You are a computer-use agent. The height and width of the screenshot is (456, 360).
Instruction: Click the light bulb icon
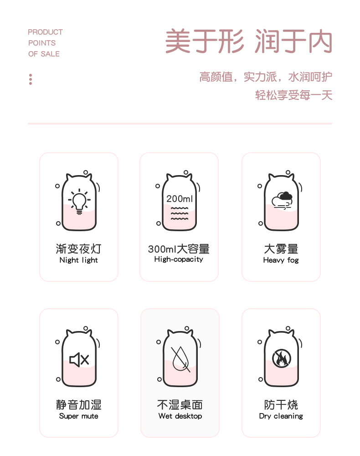click(x=79, y=201)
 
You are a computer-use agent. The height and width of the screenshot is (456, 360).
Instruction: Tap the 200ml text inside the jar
click(x=179, y=199)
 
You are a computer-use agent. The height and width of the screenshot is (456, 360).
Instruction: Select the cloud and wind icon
click(x=282, y=200)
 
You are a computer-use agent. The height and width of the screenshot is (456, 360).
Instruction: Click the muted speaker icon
click(x=79, y=360)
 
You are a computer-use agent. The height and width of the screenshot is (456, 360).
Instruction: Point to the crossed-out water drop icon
click(x=180, y=359)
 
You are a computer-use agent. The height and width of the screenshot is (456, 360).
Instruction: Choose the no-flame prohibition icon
click(x=281, y=358)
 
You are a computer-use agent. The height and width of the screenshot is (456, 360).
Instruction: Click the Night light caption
click(x=78, y=260)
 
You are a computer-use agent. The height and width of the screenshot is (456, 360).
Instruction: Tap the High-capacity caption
click(x=179, y=259)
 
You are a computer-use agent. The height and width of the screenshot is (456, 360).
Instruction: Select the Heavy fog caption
click(x=281, y=260)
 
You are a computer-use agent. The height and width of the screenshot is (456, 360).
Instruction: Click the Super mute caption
click(x=78, y=416)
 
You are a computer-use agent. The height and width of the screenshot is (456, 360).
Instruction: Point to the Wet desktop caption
click(x=180, y=416)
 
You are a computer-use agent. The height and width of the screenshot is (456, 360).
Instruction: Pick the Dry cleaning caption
click(x=281, y=416)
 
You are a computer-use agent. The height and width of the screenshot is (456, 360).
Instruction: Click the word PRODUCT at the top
click(x=45, y=32)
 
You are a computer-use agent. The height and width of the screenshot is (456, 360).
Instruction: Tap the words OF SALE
click(x=44, y=54)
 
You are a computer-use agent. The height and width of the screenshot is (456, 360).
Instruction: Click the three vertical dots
click(x=31, y=79)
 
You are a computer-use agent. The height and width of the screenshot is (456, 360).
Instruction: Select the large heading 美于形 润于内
click(x=249, y=41)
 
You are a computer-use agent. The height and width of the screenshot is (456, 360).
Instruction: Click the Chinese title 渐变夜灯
click(x=78, y=249)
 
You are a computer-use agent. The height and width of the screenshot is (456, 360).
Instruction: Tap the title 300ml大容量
click(x=179, y=249)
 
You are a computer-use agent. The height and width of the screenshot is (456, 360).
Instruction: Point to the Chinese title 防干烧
click(x=281, y=404)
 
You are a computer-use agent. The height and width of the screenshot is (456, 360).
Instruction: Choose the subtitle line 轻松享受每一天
click(x=294, y=95)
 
